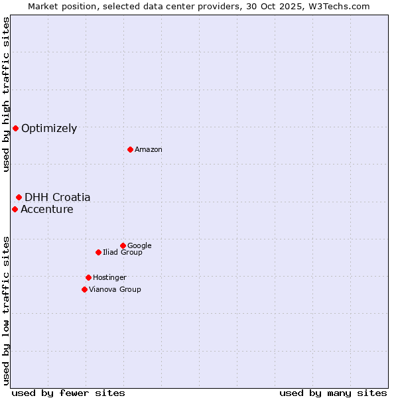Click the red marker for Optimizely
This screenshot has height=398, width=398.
(15, 128)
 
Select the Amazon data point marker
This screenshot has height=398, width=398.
(130, 149)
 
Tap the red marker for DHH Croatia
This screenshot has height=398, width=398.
(19, 197)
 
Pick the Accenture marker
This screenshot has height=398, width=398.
(15, 209)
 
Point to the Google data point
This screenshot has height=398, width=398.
(123, 245)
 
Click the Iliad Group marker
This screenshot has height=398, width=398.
(98, 252)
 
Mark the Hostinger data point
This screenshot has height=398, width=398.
(88, 277)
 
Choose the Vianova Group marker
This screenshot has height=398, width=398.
(84, 289)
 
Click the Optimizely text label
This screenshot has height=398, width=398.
(49, 129)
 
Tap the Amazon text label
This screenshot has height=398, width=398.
(149, 150)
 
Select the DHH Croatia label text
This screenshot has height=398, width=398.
(58, 198)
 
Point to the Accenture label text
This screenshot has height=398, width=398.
(47, 210)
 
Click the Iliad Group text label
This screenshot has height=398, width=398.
(123, 253)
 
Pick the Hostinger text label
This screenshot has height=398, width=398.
(109, 278)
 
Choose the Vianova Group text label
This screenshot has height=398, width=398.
(115, 290)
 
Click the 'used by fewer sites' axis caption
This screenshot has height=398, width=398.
(68, 393)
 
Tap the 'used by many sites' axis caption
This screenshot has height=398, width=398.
(333, 393)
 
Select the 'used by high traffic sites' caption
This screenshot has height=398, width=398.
(6, 95)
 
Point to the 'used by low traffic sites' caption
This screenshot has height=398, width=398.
(6, 310)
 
